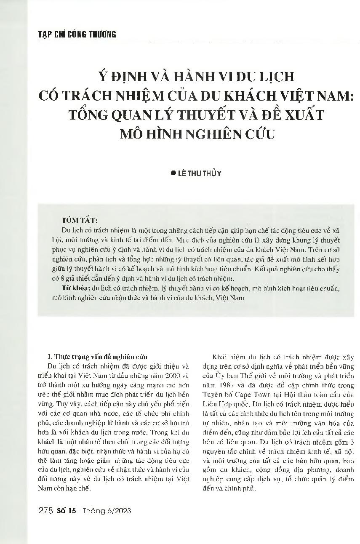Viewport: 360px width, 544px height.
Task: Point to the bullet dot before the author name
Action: click(173, 173)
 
